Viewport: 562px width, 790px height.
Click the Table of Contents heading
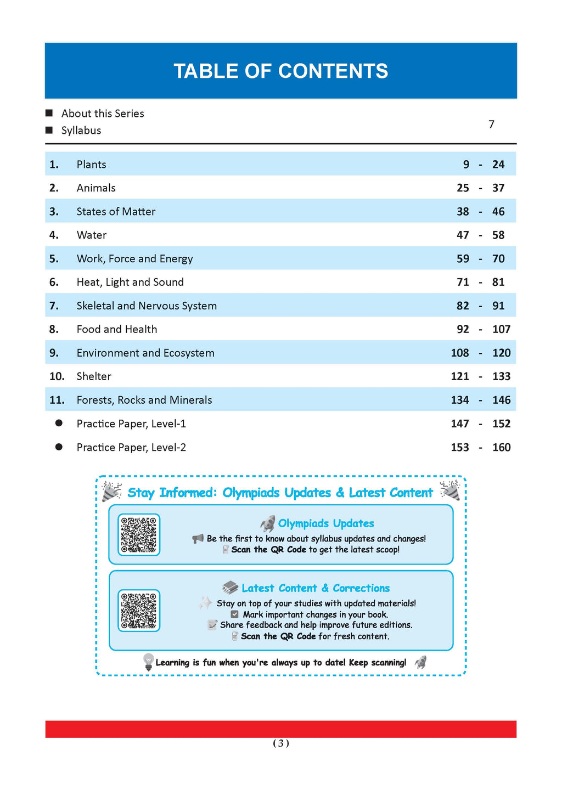click(280, 71)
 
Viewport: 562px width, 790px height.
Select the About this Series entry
click(103, 114)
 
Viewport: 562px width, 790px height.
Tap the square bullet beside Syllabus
click(49, 130)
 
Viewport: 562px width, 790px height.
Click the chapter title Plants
click(91, 165)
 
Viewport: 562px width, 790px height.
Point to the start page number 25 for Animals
click(463, 188)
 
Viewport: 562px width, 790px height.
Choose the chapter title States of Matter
click(116, 212)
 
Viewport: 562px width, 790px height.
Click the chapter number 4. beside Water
click(54, 235)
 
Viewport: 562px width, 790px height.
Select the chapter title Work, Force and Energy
click(134, 259)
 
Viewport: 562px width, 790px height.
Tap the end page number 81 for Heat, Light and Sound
click(498, 283)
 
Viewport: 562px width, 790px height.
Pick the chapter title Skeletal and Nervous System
click(147, 306)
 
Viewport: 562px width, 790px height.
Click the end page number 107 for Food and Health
click(501, 330)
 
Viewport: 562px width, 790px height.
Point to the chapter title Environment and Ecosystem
click(145, 353)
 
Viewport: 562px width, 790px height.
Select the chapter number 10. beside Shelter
click(57, 377)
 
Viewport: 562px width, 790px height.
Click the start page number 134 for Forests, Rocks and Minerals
click(460, 400)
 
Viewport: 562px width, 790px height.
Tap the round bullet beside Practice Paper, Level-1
click(59, 424)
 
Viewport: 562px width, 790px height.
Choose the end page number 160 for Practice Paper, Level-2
click(501, 448)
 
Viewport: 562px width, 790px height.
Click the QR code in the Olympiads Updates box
click(139, 534)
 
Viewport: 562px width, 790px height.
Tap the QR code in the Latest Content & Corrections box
click(139, 610)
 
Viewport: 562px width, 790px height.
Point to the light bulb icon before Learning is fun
click(148, 662)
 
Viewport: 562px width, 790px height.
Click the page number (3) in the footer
click(280, 743)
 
